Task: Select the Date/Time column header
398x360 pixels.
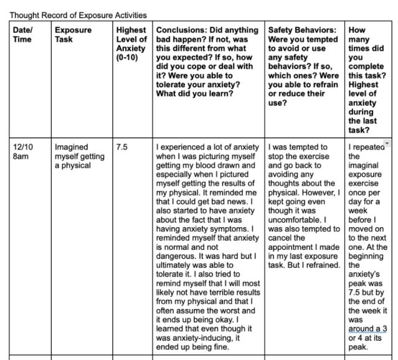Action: click(x=23, y=34)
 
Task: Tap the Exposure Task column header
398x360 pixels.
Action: click(x=73, y=34)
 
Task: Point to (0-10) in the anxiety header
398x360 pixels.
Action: click(x=128, y=58)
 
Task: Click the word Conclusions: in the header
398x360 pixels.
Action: click(x=181, y=30)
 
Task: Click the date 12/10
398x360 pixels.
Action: click(x=24, y=148)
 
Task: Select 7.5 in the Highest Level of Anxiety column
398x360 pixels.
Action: click(x=123, y=148)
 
